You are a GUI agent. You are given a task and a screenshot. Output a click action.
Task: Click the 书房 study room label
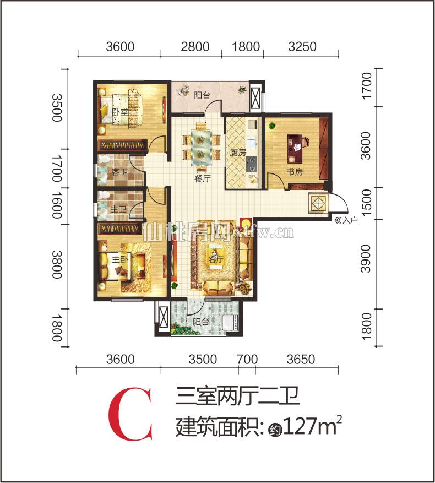(x=295, y=171)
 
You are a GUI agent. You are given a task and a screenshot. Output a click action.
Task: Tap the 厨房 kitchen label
(x=237, y=154)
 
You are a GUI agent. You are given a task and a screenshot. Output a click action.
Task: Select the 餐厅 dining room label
(x=202, y=178)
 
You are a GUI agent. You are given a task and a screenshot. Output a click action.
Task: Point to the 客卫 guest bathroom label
(x=119, y=172)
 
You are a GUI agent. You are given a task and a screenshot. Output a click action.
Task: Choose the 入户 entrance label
(x=346, y=220)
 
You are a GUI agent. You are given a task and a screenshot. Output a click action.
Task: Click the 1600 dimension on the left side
(x=57, y=205)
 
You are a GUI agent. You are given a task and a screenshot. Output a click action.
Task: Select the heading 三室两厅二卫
(x=237, y=397)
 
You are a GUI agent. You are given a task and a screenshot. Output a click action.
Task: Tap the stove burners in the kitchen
(x=253, y=162)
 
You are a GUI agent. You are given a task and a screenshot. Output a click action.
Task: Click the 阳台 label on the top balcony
(x=202, y=94)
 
